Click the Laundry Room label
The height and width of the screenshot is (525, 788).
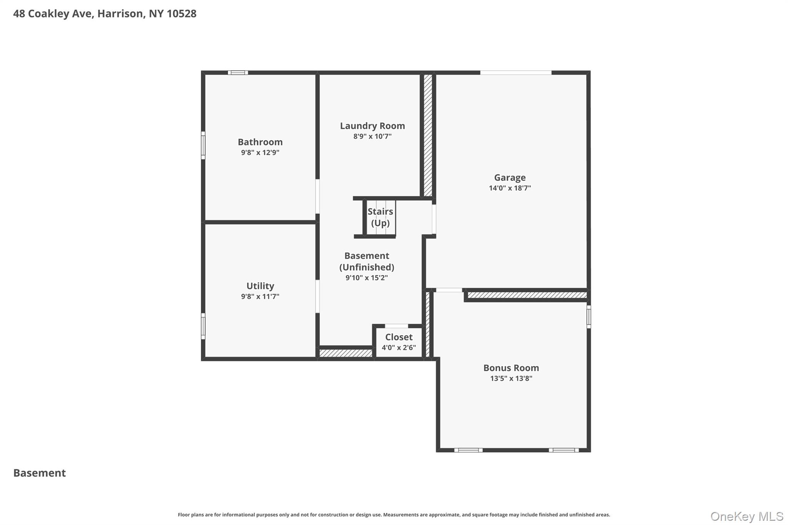click(372, 126)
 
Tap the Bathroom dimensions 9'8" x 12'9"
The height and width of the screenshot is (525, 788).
click(260, 152)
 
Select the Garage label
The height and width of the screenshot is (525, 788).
click(510, 178)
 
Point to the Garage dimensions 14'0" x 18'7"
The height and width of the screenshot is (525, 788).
click(510, 188)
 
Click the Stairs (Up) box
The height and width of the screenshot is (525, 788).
click(380, 217)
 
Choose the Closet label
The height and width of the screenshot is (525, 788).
click(399, 337)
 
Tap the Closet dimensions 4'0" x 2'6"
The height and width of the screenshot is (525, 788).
click(399, 348)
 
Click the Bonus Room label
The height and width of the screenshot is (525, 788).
click(511, 368)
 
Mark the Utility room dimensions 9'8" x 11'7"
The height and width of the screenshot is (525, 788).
click(260, 297)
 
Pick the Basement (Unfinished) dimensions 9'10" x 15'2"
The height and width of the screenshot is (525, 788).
click(366, 278)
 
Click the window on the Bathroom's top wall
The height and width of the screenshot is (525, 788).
click(238, 72)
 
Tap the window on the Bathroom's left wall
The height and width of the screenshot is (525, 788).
click(203, 145)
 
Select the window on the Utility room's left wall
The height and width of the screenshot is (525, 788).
click(203, 326)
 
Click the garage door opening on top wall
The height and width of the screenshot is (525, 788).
click(516, 72)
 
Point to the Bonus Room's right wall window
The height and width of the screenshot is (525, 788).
click(589, 317)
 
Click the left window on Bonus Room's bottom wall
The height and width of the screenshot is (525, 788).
click(468, 450)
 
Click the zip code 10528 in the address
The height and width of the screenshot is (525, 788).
click(182, 13)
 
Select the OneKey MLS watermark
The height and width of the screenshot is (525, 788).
click(746, 516)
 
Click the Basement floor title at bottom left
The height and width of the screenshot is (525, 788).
click(40, 473)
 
